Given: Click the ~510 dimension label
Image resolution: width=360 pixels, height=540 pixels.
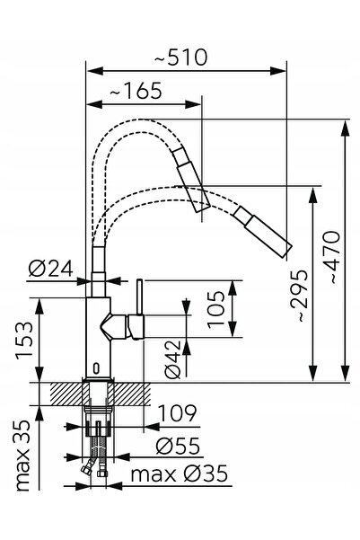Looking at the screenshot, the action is pos(180,58).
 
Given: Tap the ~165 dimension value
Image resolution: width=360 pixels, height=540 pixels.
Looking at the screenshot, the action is pos(136,91).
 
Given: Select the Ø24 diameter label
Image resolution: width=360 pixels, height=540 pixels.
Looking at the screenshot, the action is pos(50,268).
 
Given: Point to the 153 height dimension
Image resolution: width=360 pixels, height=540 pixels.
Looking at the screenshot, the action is pos(25,341).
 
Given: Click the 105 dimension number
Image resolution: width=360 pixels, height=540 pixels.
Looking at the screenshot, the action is pos(215,309).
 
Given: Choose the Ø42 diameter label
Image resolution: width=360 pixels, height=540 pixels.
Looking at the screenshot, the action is pos(172,359).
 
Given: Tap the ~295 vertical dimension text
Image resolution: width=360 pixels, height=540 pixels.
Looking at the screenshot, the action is pos(298,296).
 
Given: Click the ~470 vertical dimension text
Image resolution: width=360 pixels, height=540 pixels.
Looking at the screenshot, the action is pos(331,257).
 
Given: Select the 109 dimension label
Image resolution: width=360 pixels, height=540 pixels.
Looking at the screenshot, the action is pos(178,412).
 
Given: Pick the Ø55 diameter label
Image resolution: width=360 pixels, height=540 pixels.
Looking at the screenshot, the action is pos(178,446).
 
